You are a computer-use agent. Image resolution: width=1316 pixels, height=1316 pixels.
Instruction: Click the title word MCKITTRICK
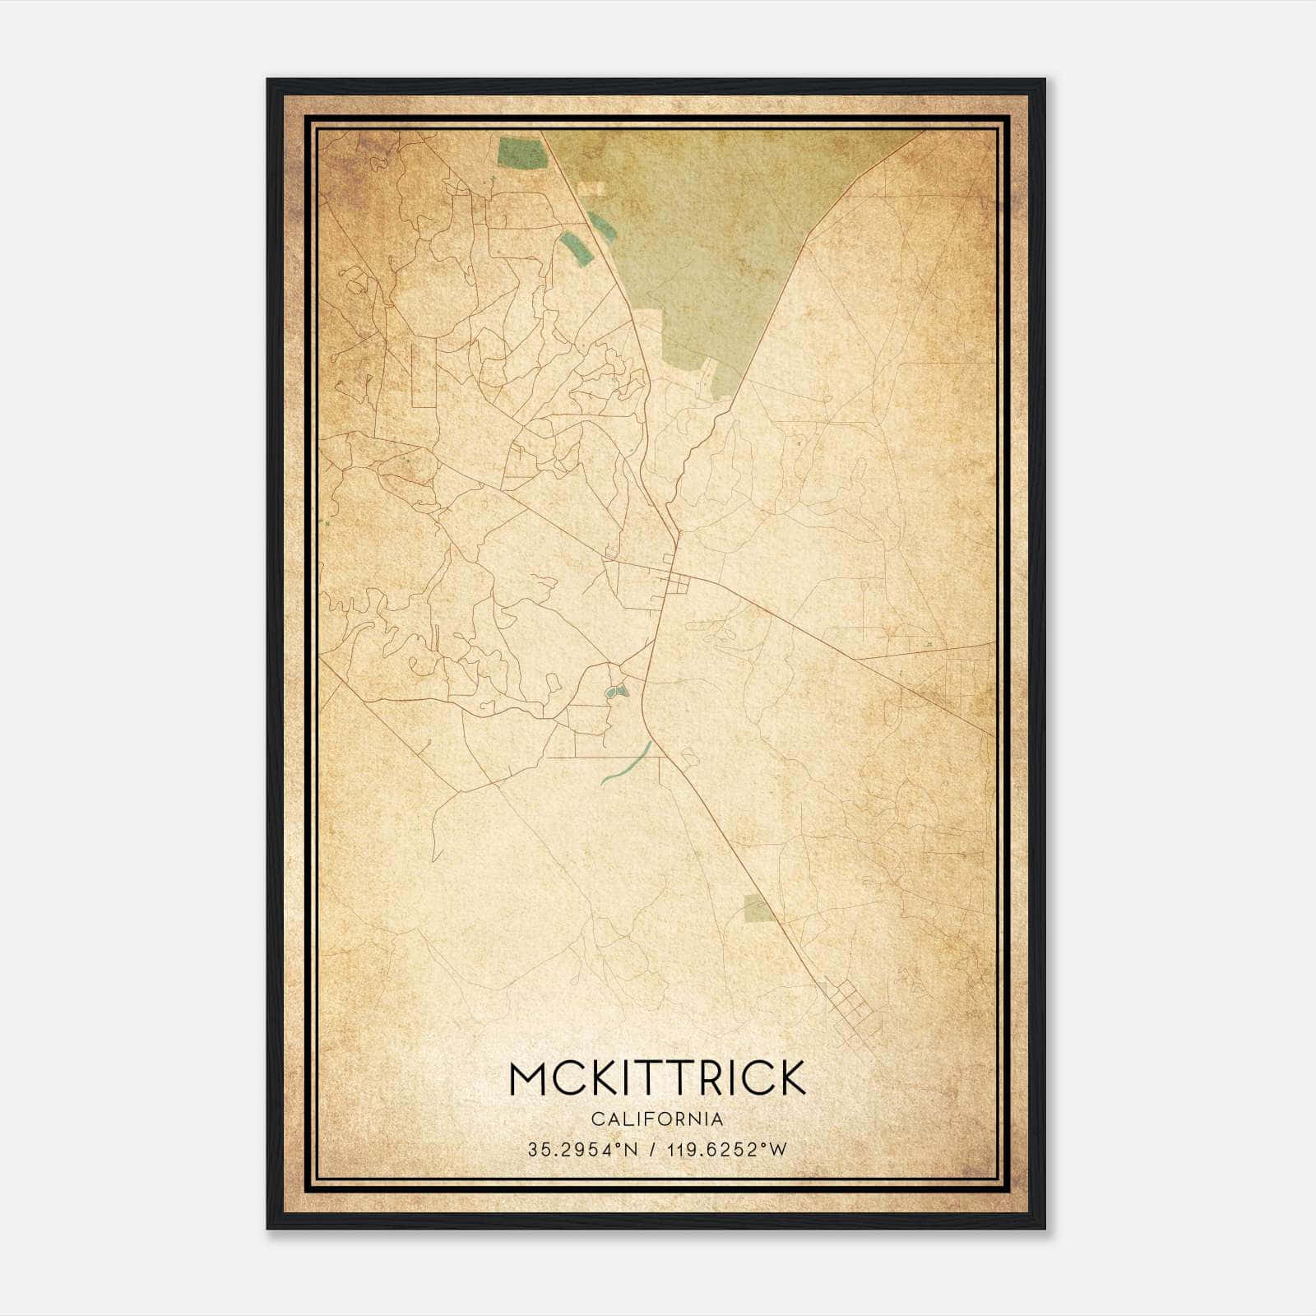[657, 1078]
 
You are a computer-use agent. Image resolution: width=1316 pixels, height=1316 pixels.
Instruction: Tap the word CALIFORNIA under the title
[657, 1119]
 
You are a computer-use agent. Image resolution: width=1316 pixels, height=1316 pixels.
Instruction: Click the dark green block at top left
[521, 153]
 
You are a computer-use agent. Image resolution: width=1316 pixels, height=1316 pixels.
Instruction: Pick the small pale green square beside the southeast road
[758, 907]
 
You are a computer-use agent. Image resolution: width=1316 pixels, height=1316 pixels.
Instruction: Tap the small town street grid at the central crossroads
[678, 583]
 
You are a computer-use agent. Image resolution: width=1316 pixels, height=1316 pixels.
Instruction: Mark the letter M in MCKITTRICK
[529, 1078]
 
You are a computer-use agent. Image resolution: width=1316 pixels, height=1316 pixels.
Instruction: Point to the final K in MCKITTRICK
[788, 1078]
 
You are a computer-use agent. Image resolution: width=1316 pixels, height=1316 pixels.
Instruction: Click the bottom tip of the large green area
[729, 393]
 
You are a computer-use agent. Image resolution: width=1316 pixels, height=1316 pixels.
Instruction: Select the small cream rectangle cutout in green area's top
[591, 189]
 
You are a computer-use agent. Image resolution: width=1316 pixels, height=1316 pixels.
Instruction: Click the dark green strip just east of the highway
[602, 227]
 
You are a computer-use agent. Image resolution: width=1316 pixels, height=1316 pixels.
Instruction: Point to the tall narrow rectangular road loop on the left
[422, 374]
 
